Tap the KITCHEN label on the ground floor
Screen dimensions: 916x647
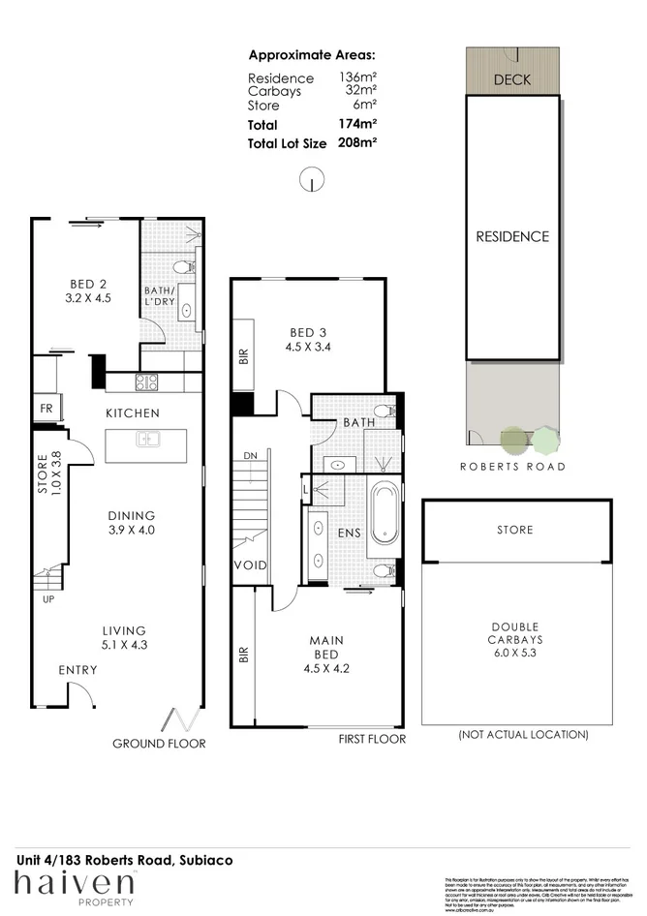point(133,413)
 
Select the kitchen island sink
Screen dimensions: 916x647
point(146,440)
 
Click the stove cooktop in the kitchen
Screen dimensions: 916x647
point(146,382)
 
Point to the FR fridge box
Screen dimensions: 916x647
point(46,408)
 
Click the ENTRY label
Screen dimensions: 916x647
point(77,670)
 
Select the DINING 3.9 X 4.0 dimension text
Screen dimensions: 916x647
point(132,531)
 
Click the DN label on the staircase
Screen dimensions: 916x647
point(250,454)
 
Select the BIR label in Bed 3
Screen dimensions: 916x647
point(243,358)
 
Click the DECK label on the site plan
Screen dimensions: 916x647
point(511,80)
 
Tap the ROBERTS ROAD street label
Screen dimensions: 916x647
point(511,467)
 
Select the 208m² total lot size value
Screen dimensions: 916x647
point(356,142)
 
